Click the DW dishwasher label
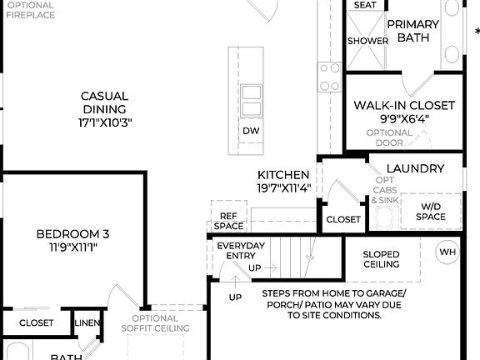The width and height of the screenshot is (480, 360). point(251,131)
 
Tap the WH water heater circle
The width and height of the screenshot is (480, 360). point(447,252)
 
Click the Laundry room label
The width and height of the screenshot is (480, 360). point(415,168)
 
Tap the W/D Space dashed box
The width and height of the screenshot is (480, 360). point(431,212)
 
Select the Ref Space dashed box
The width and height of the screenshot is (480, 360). point(227,220)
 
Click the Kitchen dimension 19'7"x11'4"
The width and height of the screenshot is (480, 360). point(283,188)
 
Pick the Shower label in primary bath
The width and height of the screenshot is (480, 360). point(367,40)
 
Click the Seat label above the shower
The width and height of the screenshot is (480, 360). point(365,5)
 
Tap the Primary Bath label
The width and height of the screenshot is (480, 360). point(413,31)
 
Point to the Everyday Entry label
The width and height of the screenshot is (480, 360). point(241,250)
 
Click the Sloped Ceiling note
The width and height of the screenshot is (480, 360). point(381,259)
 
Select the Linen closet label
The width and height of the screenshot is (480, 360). point(87,322)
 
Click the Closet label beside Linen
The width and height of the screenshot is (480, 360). point(36,322)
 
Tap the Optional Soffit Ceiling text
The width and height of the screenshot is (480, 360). point(154,323)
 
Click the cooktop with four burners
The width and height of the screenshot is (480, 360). point(330,77)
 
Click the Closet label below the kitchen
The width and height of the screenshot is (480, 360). point(343,219)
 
